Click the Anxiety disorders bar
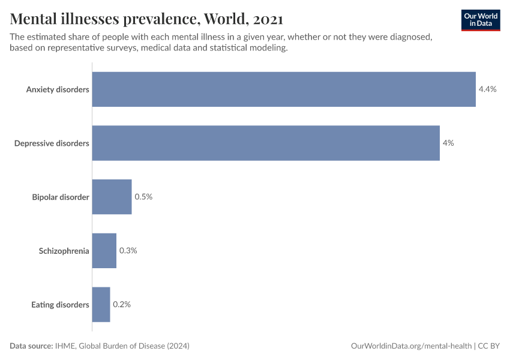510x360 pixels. [284, 89]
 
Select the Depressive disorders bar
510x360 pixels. [266, 143]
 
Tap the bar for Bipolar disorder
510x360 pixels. [112, 197]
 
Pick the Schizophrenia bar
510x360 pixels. [104, 251]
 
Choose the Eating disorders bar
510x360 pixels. [101, 304]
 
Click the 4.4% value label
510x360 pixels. [487, 89]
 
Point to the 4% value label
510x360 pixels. [448, 143]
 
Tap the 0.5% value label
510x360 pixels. [143, 197]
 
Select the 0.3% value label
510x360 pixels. [128, 251]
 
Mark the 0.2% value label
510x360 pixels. [122, 304]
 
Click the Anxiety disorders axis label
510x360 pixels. [58, 89]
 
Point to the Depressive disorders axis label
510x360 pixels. [52, 143]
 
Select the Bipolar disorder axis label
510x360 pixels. [61, 197]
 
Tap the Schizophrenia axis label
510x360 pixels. [64, 251]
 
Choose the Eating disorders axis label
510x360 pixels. [60, 304]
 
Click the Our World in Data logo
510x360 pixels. [481, 20]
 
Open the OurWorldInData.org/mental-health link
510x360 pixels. [411, 346]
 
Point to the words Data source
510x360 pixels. [31, 346]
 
